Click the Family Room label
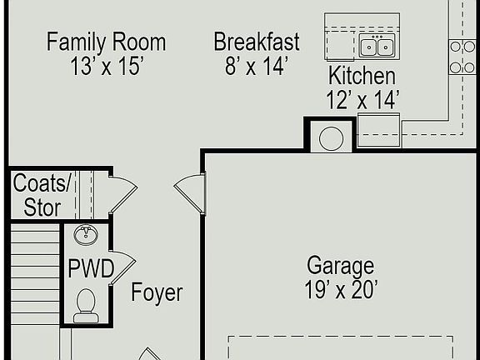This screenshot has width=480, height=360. pos(106,42)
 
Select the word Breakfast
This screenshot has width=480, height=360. pos(257,42)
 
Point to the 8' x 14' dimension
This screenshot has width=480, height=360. pos(257,67)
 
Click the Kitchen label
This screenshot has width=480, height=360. pos(362,76)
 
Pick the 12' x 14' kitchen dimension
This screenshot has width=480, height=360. pos(362,100)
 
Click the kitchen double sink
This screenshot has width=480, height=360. pos(377,46)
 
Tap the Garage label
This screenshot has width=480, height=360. pos(340,267)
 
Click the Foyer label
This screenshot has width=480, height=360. pos(157,293)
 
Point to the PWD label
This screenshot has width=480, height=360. pos(86,270)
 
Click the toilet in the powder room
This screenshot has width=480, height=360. pos(86,305)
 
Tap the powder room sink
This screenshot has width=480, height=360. pos(86,234)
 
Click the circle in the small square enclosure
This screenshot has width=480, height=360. pos(331,137)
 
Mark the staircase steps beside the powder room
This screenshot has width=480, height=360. pos(35,275)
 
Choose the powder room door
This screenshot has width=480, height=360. pos(122,267)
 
